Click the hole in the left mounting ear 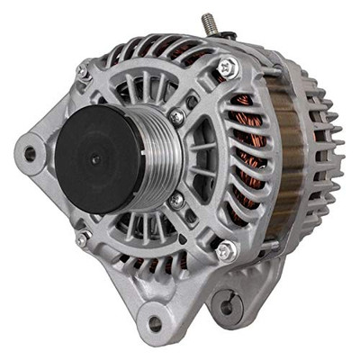click(30, 154)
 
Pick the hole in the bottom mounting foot click(155, 321)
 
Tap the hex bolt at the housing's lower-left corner click(82, 238)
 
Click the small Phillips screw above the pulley click(177, 116)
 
